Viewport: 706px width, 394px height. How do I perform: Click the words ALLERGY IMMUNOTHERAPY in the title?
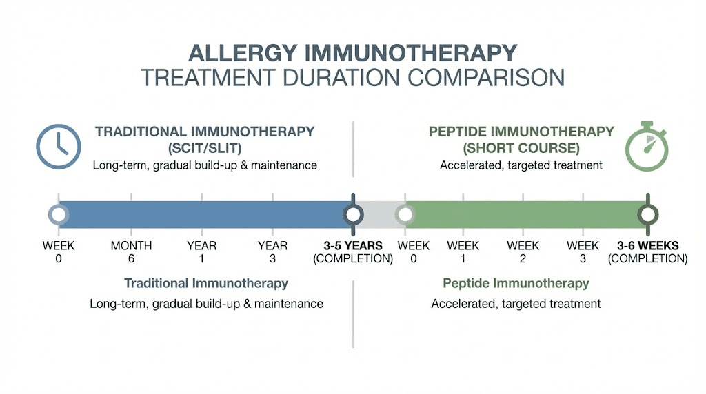[x=352, y=53]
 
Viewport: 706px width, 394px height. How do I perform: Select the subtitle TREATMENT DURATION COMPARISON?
[x=352, y=77]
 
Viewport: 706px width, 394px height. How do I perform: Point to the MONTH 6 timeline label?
[x=131, y=252]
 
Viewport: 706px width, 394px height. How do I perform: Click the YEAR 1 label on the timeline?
[x=201, y=252]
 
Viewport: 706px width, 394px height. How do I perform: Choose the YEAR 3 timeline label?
[x=272, y=252]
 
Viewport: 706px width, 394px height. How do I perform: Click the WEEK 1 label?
[x=463, y=252]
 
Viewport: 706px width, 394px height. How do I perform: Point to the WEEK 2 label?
[x=523, y=252]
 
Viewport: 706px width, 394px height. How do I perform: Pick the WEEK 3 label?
[x=583, y=252]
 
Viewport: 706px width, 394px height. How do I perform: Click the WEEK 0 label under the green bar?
[x=414, y=252]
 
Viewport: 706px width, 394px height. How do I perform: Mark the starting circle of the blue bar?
[x=59, y=215]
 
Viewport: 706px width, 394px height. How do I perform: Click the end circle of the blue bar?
[x=354, y=215]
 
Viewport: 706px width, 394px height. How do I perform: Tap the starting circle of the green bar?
[x=405, y=215]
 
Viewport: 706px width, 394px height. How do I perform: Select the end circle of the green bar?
[x=647, y=215]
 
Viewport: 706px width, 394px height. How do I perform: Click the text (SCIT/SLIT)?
[x=205, y=148]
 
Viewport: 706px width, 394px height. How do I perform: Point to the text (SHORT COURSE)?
[x=521, y=148]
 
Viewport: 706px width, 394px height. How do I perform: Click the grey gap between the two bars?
[x=379, y=215]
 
